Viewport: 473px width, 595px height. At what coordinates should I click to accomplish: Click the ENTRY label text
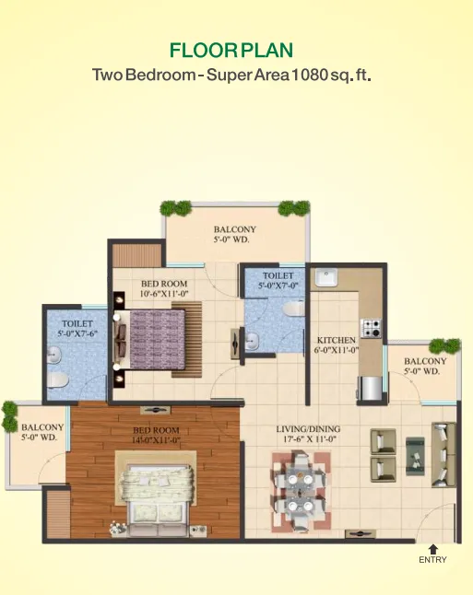[432, 559]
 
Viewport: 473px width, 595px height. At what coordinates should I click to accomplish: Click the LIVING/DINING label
[308, 429]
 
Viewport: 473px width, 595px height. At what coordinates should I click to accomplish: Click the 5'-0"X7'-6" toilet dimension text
[77, 333]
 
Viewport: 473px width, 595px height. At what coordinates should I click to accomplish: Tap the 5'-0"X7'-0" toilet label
[278, 286]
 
